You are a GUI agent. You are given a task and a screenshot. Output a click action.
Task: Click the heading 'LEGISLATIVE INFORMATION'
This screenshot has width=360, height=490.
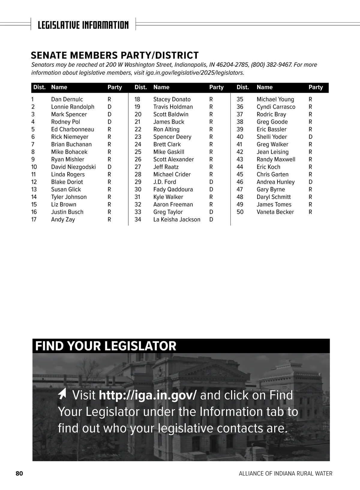[x=83, y=25]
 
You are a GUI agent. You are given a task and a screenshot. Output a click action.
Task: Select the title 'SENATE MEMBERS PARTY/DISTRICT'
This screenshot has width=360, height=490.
[x=115, y=55]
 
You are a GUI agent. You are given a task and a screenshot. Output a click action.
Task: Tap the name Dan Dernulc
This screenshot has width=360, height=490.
[x=67, y=99]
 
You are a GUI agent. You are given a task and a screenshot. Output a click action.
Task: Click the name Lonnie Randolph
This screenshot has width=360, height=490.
[x=73, y=107]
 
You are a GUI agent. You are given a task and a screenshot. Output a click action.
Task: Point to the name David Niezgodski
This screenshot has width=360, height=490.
[x=73, y=167]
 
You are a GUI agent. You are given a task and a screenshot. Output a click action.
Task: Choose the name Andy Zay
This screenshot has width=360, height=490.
[x=63, y=219]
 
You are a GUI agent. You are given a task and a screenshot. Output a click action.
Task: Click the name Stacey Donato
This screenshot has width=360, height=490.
[x=172, y=99]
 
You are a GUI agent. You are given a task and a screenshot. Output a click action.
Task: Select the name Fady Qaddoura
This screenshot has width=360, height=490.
[x=173, y=189]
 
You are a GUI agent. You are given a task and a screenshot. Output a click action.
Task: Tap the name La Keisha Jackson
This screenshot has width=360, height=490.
[x=177, y=219]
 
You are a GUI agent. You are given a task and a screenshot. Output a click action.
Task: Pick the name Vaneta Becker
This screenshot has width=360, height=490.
[x=275, y=212]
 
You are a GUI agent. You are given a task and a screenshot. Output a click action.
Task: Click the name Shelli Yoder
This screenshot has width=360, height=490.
[x=272, y=137]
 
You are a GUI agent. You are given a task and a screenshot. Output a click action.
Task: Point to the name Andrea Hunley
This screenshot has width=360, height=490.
[x=276, y=182]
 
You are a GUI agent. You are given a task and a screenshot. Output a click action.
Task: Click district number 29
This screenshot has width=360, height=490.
[x=138, y=182]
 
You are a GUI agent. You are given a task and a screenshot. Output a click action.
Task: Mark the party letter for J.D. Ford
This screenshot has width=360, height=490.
[x=211, y=182]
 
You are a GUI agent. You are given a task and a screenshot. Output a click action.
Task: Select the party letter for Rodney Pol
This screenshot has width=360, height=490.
[x=109, y=122]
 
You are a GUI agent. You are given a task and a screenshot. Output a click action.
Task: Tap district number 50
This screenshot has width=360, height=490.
[x=240, y=212]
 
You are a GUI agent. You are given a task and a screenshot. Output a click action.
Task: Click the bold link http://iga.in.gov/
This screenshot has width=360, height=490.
[x=148, y=395]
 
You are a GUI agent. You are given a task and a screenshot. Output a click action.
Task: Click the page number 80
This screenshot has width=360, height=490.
[x=19, y=473]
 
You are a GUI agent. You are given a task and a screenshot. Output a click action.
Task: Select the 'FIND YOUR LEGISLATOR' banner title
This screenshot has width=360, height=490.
[x=106, y=346]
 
